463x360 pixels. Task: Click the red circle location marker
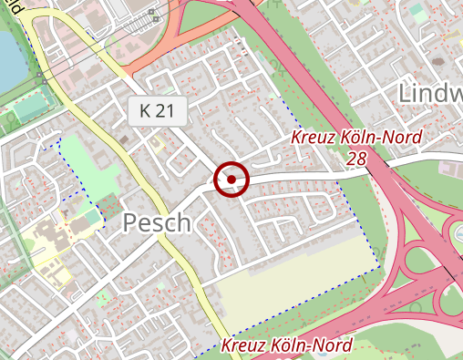click(x=231, y=179)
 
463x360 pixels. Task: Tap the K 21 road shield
click(x=157, y=111)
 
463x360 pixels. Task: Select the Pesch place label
click(x=156, y=222)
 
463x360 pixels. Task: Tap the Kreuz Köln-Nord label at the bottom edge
click(x=286, y=346)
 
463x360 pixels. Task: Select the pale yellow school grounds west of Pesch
click(x=41, y=242)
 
